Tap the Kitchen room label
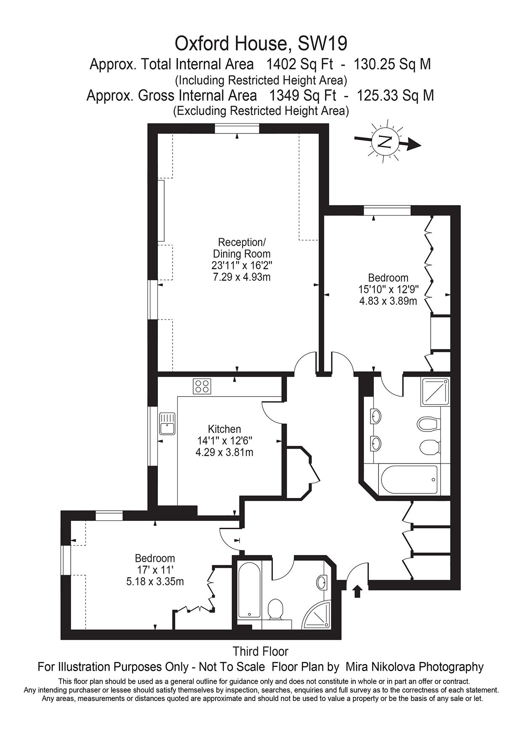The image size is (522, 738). [x=224, y=429]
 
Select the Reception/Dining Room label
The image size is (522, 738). [x=242, y=248]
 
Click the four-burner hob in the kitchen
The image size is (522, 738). [x=202, y=386]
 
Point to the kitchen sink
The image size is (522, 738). [x=167, y=424]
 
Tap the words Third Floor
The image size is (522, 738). [x=261, y=652]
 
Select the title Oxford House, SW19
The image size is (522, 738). [x=261, y=43]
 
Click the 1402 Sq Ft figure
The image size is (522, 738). [x=300, y=64]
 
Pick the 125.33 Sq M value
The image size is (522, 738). [x=395, y=96]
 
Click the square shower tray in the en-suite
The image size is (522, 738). [x=434, y=392]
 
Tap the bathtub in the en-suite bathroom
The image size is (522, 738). [x=408, y=480]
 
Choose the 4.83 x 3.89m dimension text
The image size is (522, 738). [x=388, y=301]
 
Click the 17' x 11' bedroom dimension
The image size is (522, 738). [x=154, y=570]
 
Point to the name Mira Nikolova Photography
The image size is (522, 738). [x=414, y=667]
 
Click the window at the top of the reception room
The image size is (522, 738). [x=237, y=128]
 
